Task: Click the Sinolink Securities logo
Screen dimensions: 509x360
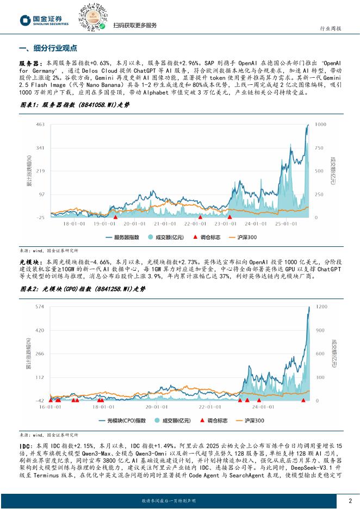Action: pyautogui.click(x=45, y=20)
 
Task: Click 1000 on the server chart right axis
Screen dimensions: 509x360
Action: pyautogui.click(x=320, y=125)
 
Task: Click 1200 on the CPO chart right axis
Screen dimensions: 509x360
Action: pyautogui.click(x=321, y=307)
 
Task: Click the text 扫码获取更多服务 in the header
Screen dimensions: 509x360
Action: pyautogui.click(x=135, y=26)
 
